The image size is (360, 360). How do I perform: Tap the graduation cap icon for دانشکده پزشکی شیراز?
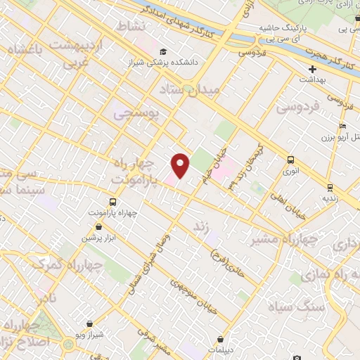(163, 52)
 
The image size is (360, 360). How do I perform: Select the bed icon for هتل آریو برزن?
(342, 127)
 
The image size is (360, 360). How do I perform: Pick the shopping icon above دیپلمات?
(221, 338)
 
